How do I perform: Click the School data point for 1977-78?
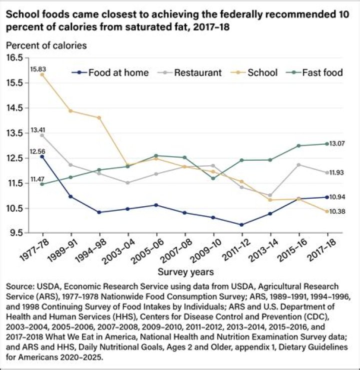pyautogui.click(x=42, y=74)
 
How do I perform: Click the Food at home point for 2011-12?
pyautogui.click(x=242, y=225)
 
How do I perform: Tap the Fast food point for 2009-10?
pyautogui.click(x=213, y=178)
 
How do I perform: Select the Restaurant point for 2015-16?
pyautogui.click(x=299, y=165)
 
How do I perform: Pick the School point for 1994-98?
pyautogui.click(x=99, y=118)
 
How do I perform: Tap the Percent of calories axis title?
pyautogui.click(x=46, y=45)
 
